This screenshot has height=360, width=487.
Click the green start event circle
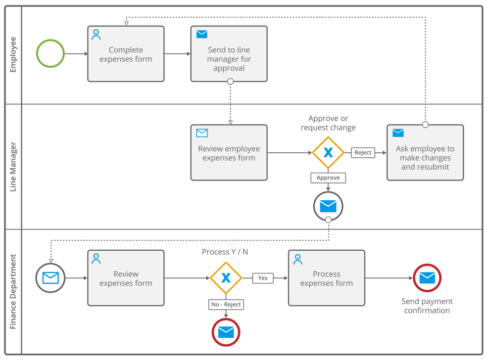pos(50,53)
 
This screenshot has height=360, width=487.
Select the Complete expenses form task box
pos(126,54)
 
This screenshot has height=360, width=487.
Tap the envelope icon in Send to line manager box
pos(201,34)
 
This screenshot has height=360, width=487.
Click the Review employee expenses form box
pos(229,153)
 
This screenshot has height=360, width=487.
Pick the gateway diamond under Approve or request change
pos(328,153)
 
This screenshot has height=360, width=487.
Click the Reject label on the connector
pos(363,153)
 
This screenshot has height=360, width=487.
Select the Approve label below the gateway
pos(328,178)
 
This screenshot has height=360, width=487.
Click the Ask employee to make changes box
pos(425,153)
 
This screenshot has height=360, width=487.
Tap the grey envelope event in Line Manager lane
pos(328,206)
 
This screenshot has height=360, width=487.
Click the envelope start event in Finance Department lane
pos(50,278)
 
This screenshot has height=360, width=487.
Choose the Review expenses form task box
pos(126,278)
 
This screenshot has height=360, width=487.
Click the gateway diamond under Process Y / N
pos(226,278)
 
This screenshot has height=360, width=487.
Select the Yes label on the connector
pos(263,278)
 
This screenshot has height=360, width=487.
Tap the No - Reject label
pos(226,304)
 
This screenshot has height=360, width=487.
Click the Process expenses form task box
pos(326,278)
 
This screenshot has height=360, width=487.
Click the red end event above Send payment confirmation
pos(427,278)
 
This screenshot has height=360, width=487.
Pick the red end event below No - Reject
pos(226,332)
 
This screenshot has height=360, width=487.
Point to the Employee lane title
pos(13,54)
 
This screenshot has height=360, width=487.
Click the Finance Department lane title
pos(13,291)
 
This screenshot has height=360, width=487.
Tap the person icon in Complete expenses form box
pos(97,35)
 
